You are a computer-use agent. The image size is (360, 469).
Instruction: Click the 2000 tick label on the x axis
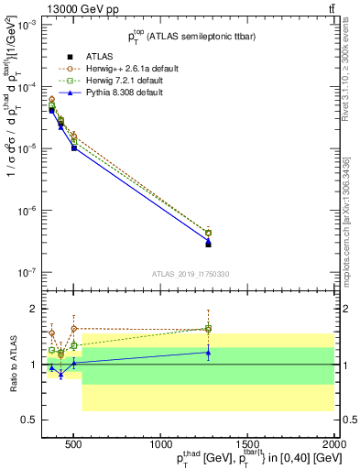click(x=334, y=442)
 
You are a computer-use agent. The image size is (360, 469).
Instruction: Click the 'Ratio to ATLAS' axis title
click(x=12, y=365)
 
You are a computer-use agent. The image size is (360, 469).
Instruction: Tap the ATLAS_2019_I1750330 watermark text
click(x=191, y=273)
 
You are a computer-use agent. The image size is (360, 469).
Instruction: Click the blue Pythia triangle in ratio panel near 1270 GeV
click(x=208, y=352)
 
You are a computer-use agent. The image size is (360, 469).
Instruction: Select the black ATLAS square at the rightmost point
click(x=208, y=245)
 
